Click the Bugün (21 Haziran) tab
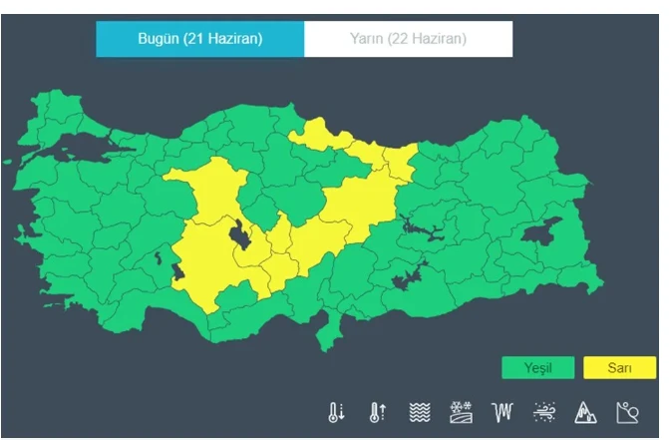click(x=199, y=39)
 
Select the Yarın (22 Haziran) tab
click(x=408, y=39)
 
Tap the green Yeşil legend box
click(x=536, y=368)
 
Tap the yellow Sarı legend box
click(x=619, y=368)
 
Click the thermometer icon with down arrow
click(x=336, y=411)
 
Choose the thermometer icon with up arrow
click(x=377, y=411)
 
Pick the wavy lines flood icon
click(x=419, y=411)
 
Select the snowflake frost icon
click(x=460, y=411)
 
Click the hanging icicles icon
click(x=501, y=411)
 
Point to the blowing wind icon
click(x=542, y=411)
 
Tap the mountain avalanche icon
click(x=584, y=411)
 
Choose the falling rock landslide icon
click(x=626, y=411)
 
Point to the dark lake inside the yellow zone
click(x=239, y=234)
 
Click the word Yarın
click(x=366, y=40)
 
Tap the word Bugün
click(x=158, y=40)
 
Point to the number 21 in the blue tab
click(x=199, y=40)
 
